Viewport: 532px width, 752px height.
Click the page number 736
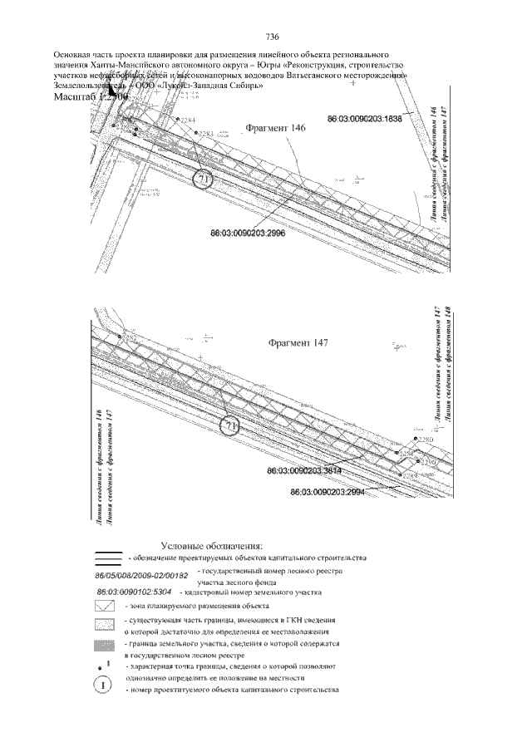(x=271, y=37)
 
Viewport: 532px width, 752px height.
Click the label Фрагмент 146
(x=277, y=128)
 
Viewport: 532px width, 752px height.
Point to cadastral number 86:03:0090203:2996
(x=249, y=234)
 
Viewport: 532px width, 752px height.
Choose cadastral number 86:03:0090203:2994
(x=328, y=492)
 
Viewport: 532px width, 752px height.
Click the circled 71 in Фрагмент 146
(x=204, y=179)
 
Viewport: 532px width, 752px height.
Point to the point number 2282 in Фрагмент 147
(x=129, y=337)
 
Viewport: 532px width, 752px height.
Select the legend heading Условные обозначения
(x=213, y=545)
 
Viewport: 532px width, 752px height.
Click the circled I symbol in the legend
(x=103, y=686)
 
